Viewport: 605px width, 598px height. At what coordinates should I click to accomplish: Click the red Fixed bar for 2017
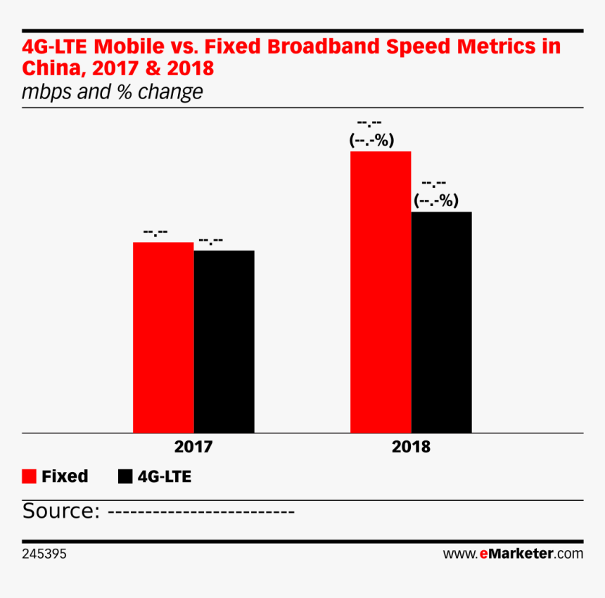[163, 338]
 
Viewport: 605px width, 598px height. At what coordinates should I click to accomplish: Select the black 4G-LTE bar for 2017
[224, 342]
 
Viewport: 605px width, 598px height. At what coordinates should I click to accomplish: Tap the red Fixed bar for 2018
[381, 292]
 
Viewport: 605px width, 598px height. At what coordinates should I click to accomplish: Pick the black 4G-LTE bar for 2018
[441, 322]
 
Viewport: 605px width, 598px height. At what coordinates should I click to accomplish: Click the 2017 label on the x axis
[193, 447]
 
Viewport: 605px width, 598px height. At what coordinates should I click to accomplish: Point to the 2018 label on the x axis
[411, 447]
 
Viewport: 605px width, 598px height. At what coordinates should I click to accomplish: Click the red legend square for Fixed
[29, 476]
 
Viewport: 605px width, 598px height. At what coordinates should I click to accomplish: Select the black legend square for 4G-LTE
[125, 476]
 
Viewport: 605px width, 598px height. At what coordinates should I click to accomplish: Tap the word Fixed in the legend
[65, 476]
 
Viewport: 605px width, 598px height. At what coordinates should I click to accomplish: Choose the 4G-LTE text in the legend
[165, 477]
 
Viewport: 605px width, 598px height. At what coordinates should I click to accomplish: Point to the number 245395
[44, 554]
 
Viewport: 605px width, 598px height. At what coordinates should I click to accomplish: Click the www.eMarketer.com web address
[513, 554]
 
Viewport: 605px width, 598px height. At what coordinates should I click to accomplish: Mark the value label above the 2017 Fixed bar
[155, 232]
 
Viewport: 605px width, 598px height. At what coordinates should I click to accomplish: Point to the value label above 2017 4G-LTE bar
[210, 241]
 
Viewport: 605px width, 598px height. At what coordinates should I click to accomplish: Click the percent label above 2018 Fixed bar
[371, 140]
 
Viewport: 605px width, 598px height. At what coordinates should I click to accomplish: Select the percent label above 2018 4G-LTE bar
[436, 201]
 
